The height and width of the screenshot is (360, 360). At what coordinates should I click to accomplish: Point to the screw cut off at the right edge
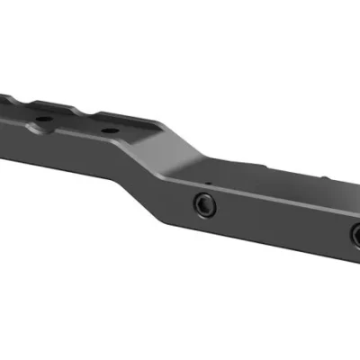(x=355, y=237)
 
